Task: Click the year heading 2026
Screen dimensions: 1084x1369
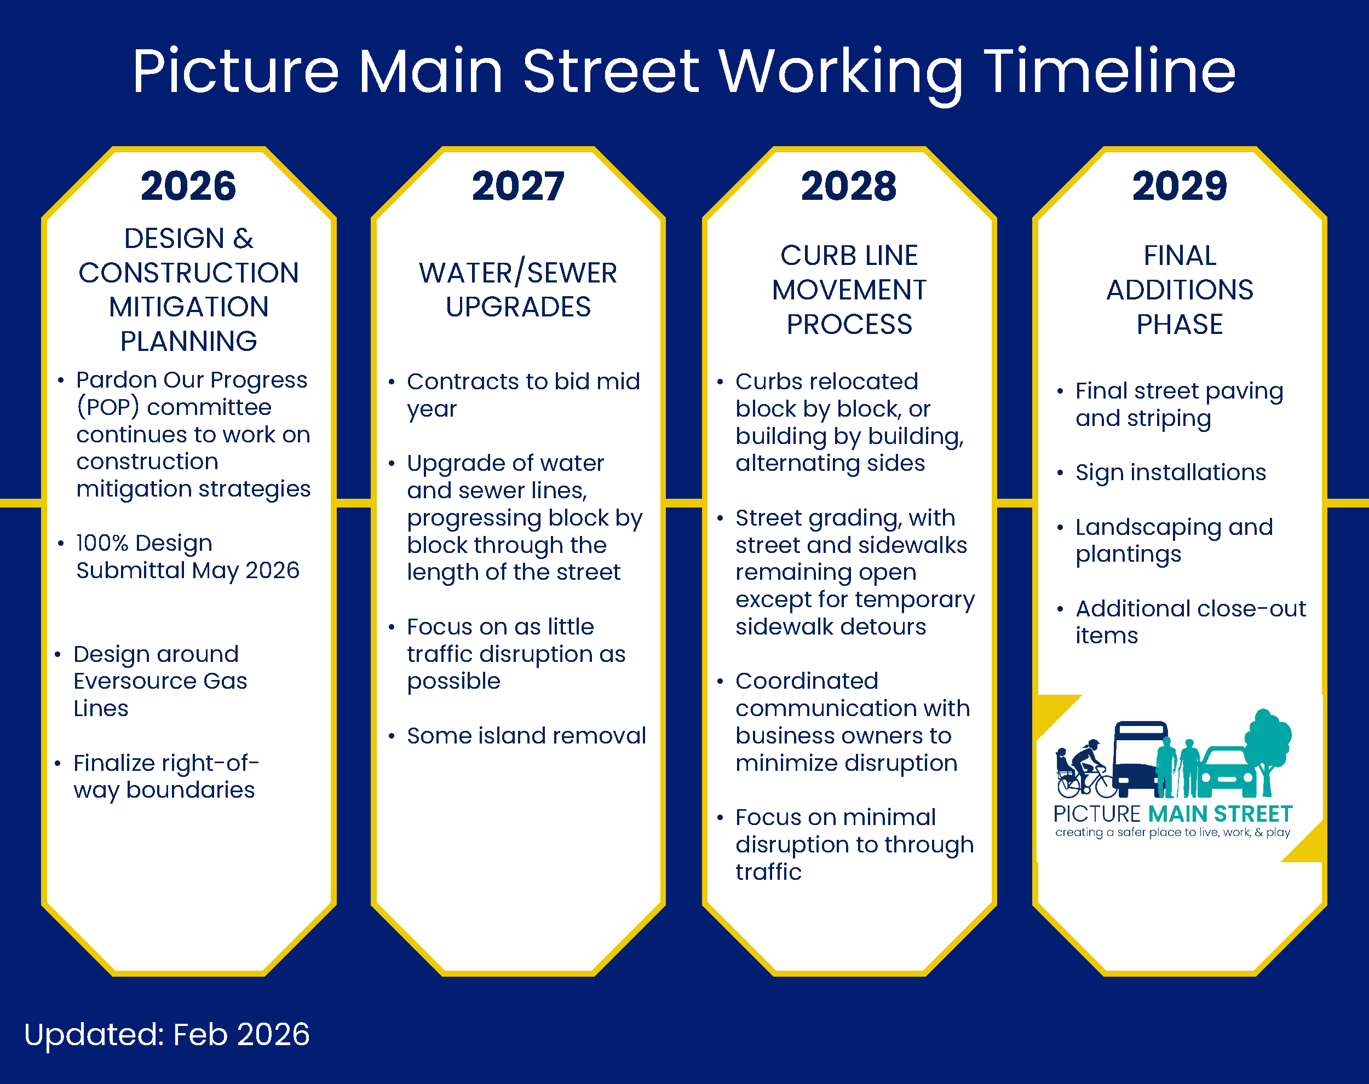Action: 188,187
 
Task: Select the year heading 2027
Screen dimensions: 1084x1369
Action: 518,187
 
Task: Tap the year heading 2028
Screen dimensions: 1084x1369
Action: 849,187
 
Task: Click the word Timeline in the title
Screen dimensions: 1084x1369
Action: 1109,71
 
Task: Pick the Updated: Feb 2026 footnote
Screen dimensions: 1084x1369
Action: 166,1035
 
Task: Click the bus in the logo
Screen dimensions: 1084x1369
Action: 1140,758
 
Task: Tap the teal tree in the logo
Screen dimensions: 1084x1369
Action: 1267,746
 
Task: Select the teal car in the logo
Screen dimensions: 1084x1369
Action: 1229,773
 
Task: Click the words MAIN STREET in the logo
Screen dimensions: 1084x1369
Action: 1220,814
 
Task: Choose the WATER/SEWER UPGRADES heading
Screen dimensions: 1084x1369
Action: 518,290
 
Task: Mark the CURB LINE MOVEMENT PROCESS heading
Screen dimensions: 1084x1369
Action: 849,290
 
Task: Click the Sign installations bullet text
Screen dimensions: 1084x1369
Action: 1170,472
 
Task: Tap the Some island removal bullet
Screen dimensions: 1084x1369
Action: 526,736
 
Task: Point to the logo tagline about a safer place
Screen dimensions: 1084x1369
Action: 1172,832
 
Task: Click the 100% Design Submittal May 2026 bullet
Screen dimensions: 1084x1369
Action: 187,557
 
